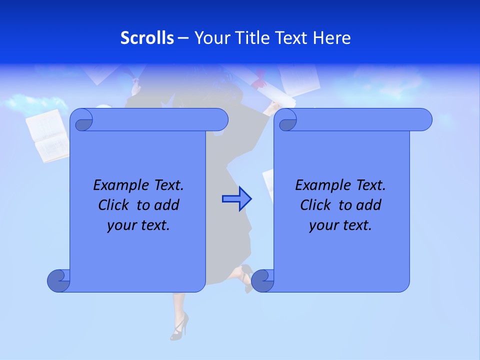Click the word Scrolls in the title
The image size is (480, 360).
point(147,37)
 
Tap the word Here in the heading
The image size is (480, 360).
point(331,37)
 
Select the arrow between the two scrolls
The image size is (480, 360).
point(236,199)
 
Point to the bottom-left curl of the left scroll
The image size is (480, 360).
point(58,280)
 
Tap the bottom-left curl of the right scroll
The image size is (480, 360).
point(262,280)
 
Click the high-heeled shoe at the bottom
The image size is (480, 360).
point(179,326)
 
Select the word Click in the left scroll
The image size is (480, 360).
point(115,205)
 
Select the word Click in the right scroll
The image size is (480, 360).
point(317,205)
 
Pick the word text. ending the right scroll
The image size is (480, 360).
point(356,225)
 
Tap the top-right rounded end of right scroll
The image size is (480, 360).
point(422,119)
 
